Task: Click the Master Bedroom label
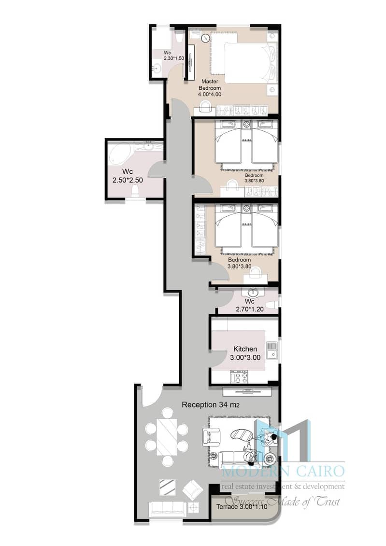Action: tap(210, 84)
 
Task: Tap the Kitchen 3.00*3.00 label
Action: tap(245, 353)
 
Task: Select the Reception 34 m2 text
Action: tap(211, 405)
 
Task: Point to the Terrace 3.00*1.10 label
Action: tap(242, 506)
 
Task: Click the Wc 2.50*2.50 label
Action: tap(128, 176)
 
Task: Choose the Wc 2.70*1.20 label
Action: tap(249, 305)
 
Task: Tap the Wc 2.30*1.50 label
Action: tap(174, 56)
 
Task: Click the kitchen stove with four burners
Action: tap(240, 377)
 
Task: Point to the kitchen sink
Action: tap(272, 350)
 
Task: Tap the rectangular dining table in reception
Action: tap(167, 436)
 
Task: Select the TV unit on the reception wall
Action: tap(247, 392)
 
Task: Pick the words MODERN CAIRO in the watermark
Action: tap(283, 471)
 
